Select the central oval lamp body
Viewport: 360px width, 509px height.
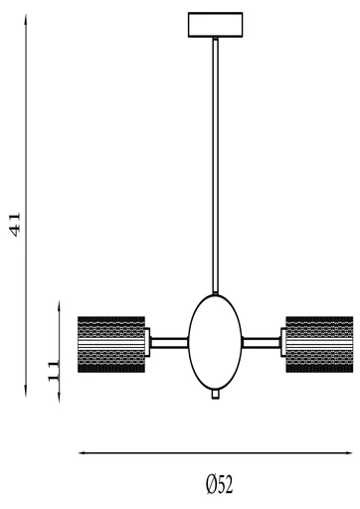click(x=216, y=341)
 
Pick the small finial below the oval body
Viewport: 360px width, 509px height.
click(x=216, y=395)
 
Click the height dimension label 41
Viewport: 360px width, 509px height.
click(x=14, y=224)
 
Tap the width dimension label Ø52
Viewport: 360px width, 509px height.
click(x=219, y=484)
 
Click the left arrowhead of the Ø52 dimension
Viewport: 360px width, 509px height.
click(x=83, y=454)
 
